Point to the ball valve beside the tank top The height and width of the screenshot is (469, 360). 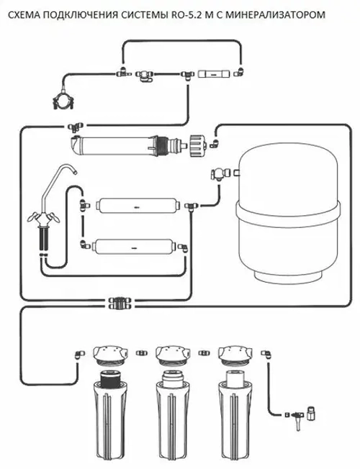(217, 173)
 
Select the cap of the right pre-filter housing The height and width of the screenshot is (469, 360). (235, 354)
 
